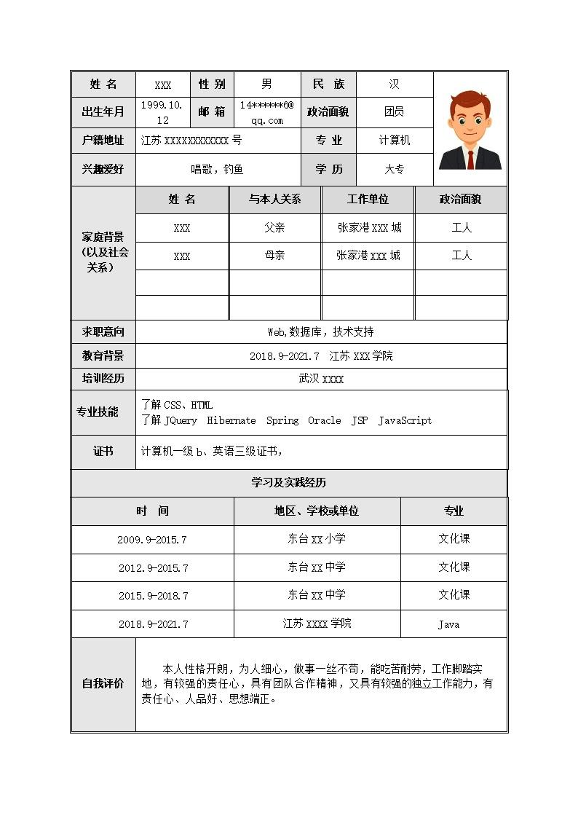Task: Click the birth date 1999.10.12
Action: tap(162, 112)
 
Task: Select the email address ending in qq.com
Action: tap(266, 112)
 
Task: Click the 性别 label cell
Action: tap(212, 84)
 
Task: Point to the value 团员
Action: tap(395, 112)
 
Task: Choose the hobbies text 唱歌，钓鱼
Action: tap(217, 170)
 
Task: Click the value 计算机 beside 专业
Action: tap(395, 141)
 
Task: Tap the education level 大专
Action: tap(395, 170)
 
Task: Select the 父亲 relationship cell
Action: tap(274, 228)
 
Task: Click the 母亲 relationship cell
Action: tap(274, 256)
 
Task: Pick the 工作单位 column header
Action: tap(368, 200)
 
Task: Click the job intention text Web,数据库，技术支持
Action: tap(320, 332)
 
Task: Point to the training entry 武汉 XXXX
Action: tap(321, 379)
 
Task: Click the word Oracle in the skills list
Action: tap(324, 420)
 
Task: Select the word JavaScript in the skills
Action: tap(405, 420)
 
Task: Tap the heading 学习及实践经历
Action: tap(289, 483)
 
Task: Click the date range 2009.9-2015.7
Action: tap(152, 540)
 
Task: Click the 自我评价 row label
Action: tap(103, 684)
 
